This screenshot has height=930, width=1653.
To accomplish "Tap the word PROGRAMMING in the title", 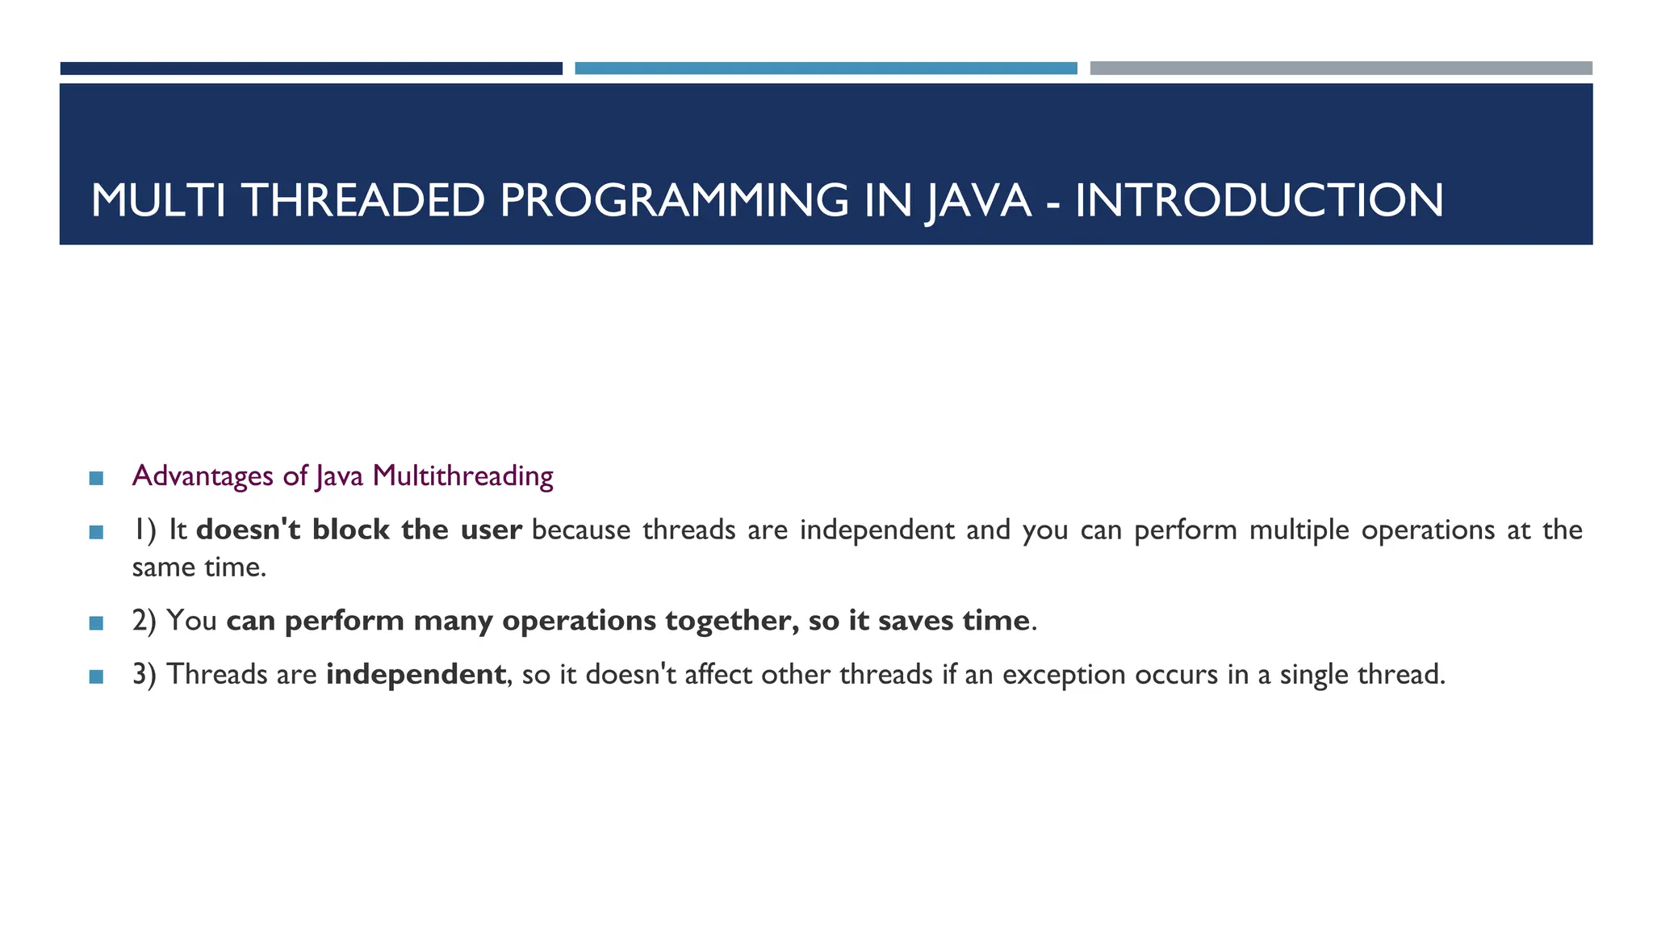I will (x=674, y=200).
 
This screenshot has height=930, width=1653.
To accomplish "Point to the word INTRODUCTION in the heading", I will (x=1258, y=200).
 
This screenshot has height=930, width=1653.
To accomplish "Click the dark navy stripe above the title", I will (x=311, y=69).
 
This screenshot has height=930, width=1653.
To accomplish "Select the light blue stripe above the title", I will (x=826, y=69).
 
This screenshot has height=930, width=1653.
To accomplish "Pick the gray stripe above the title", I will (x=1341, y=69).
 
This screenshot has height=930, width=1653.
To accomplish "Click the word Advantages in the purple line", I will (x=203, y=476).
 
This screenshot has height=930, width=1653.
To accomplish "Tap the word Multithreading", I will (x=462, y=476).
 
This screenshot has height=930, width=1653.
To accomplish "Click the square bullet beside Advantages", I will (x=96, y=479).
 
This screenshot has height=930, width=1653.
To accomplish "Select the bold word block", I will (x=351, y=530).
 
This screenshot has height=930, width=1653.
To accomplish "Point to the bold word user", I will (x=491, y=530).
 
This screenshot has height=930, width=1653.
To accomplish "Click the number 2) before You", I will (x=144, y=620).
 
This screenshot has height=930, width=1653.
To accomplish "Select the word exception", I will (x=1064, y=674).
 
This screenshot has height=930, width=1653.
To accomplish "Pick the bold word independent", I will (x=416, y=674).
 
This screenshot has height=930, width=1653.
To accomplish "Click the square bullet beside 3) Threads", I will (x=96, y=677).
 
